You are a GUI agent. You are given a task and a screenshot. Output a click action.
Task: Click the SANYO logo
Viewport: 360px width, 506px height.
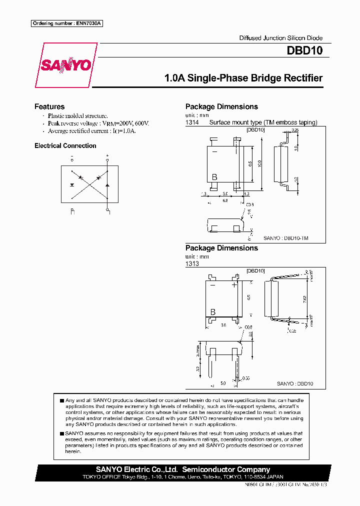point(65,65)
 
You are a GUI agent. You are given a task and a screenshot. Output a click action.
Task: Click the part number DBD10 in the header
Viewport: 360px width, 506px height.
point(304,50)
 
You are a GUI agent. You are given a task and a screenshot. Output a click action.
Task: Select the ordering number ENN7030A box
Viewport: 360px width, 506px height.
point(67,23)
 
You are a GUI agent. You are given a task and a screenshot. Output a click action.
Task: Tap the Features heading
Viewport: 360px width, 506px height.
point(49,106)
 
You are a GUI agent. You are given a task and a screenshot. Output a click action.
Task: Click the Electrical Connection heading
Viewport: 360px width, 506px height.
point(65,145)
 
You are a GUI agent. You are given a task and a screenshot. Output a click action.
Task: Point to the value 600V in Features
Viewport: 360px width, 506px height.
point(141,123)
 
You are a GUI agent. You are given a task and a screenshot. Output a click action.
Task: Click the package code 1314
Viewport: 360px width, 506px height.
point(192,122)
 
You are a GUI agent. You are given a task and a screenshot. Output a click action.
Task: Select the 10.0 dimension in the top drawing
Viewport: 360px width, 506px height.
point(259,163)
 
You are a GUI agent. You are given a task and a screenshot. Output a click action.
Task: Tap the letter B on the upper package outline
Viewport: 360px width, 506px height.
point(214,177)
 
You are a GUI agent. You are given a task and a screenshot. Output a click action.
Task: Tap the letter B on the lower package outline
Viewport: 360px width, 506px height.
point(212,312)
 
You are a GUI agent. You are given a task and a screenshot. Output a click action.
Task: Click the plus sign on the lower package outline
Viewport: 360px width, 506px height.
point(234,285)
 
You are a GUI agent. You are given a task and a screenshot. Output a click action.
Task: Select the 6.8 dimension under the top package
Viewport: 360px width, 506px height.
point(225,200)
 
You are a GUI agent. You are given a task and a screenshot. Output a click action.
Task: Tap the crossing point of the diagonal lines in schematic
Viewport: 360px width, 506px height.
point(89,184)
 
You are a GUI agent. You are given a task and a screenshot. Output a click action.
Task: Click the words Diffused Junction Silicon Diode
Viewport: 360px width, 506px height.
point(280,38)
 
